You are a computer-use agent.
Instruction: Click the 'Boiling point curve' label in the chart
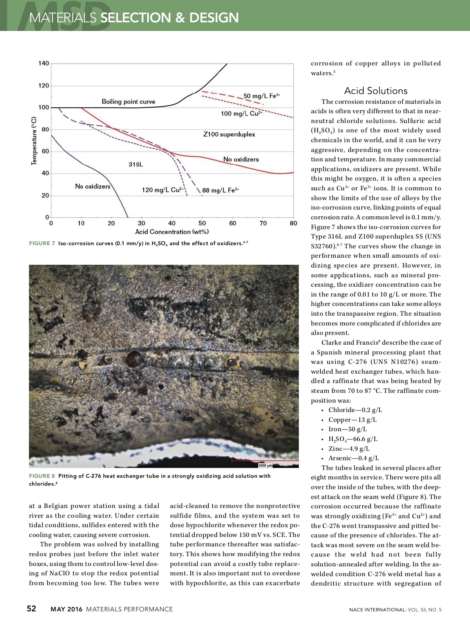pyautogui.click(x=128, y=102)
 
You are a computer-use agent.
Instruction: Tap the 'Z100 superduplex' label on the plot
pyautogui.click(x=229, y=134)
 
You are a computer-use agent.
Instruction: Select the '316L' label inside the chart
pyautogui.click(x=136, y=164)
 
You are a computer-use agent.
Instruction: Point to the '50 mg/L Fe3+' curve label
pyautogui.click(x=262, y=96)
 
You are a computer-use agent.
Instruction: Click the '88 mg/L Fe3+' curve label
pyautogui.click(x=221, y=190)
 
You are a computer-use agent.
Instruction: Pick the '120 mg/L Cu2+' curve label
pyautogui.click(x=163, y=190)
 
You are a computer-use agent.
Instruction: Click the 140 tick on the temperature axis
pyautogui.click(x=44, y=63)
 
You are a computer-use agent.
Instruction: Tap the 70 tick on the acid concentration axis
pyautogui.click(x=263, y=223)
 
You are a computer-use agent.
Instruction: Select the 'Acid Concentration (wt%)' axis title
pyautogui.click(x=172, y=232)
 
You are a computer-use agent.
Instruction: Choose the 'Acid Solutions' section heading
pyautogui.click(x=376, y=91)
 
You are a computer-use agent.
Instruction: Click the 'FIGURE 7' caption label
pyautogui.click(x=42, y=244)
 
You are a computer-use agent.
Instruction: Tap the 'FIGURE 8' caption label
pyautogui.click(x=42, y=476)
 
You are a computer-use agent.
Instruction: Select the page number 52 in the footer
pyautogui.click(x=31, y=609)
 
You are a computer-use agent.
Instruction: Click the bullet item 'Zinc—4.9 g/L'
pyautogui.click(x=349, y=449)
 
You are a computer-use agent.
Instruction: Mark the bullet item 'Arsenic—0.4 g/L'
pyautogui.click(x=353, y=458)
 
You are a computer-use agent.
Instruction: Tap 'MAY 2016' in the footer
pyautogui.click(x=67, y=609)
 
